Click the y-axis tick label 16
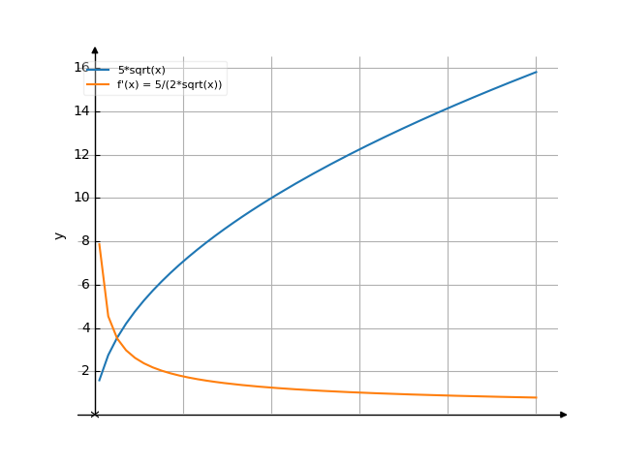coord(81,67)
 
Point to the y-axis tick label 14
coord(81,110)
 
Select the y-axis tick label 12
coord(81,154)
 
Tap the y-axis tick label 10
coord(81,198)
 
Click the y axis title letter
coord(60,235)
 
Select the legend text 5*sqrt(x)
coord(141,70)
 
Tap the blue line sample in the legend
coord(98,70)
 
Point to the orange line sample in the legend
coord(98,84)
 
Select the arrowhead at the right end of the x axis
coord(563,415)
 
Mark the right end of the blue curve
coord(536,72)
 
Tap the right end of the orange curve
coord(536,397)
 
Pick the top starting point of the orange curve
coord(99,243)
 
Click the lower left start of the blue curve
coord(99,380)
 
